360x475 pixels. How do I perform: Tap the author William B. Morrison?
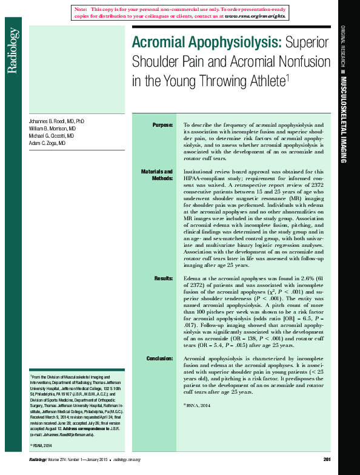52,129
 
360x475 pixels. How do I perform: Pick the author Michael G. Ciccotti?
52,136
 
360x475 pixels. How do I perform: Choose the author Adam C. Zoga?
47,144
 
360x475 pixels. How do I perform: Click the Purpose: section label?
162,124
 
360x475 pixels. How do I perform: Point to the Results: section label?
164,278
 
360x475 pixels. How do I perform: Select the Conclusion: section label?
159,359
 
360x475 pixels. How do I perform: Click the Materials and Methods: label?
157,175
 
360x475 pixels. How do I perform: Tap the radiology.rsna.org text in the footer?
127,460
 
